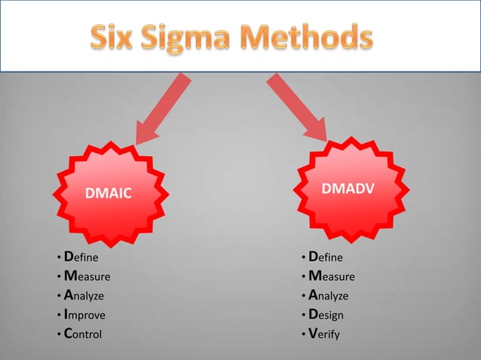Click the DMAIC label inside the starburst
[x=109, y=194]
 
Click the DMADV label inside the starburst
[x=345, y=189]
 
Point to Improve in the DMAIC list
[x=84, y=315]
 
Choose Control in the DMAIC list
[x=83, y=334]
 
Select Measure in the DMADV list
[x=332, y=276]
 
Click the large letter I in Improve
[x=66, y=314]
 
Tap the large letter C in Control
[x=68, y=333]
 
